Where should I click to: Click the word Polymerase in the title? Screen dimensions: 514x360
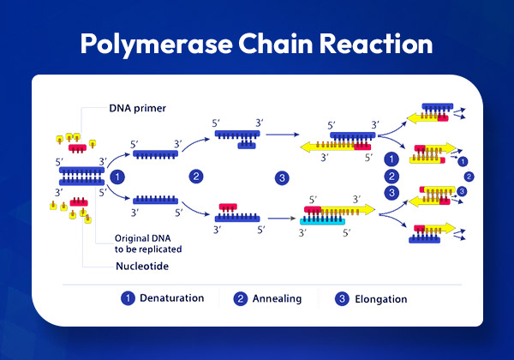click(x=157, y=45)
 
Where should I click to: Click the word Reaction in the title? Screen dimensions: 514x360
click(x=376, y=43)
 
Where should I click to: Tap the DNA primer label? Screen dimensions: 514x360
click(x=137, y=108)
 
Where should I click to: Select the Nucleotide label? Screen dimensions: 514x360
click(x=142, y=266)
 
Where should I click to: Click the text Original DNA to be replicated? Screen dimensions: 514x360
click(x=148, y=243)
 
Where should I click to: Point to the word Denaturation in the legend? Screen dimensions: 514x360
click(x=172, y=297)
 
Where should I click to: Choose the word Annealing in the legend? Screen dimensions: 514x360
click(x=277, y=298)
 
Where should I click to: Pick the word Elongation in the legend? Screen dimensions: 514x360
click(x=381, y=299)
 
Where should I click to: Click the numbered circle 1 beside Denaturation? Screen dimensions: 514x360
click(x=128, y=298)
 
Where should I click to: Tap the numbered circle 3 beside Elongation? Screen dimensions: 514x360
click(x=342, y=298)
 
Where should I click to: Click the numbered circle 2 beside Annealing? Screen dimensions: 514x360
click(x=240, y=298)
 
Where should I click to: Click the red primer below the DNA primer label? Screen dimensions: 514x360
click(x=77, y=148)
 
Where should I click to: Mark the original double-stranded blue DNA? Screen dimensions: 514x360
click(x=81, y=176)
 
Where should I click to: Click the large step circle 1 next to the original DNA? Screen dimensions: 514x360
click(x=117, y=177)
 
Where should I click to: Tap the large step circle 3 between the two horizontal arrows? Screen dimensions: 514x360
click(x=282, y=178)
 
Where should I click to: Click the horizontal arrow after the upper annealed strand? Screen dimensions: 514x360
click(x=282, y=135)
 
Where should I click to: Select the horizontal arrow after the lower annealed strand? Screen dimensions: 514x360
click(x=282, y=218)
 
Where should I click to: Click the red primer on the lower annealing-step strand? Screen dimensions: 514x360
click(x=228, y=207)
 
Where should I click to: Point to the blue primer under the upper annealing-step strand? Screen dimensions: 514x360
click(x=247, y=145)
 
